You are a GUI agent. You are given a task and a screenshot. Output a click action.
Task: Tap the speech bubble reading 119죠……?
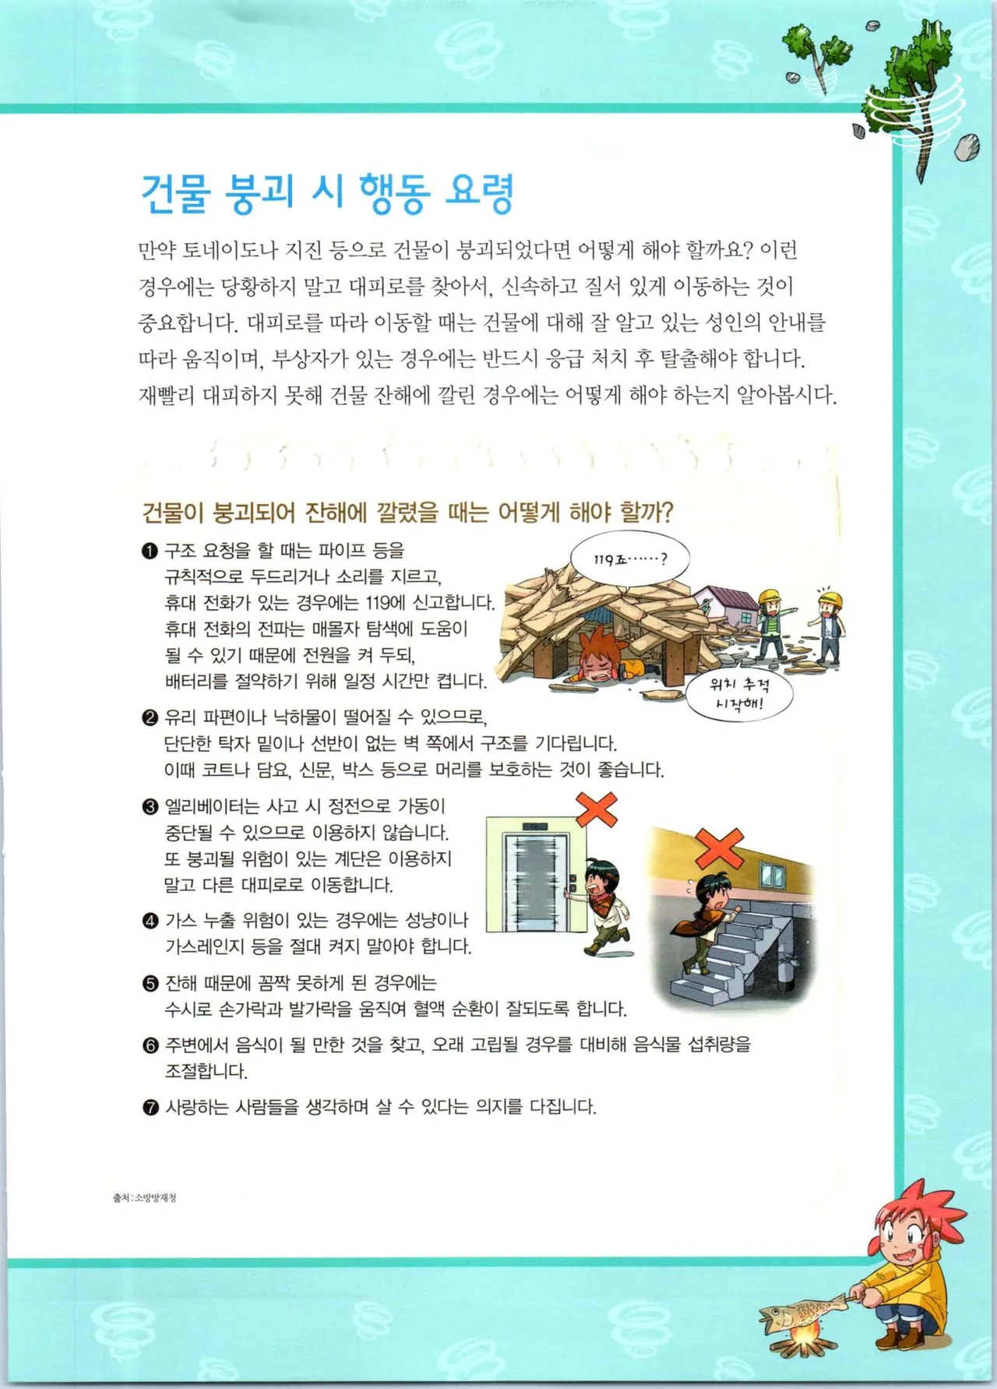tap(629, 559)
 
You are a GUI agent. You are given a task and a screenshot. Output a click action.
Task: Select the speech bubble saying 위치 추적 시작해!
tap(738, 695)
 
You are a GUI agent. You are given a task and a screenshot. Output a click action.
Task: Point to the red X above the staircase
tap(718, 847)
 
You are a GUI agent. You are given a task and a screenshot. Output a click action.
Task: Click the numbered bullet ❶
tap(150, 552)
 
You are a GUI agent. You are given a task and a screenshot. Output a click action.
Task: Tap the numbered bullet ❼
tap(150, 1107)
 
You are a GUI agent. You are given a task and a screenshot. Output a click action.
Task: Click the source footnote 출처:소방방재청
tap(145, 1197)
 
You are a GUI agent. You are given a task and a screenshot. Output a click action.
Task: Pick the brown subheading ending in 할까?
tap(407, 512)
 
